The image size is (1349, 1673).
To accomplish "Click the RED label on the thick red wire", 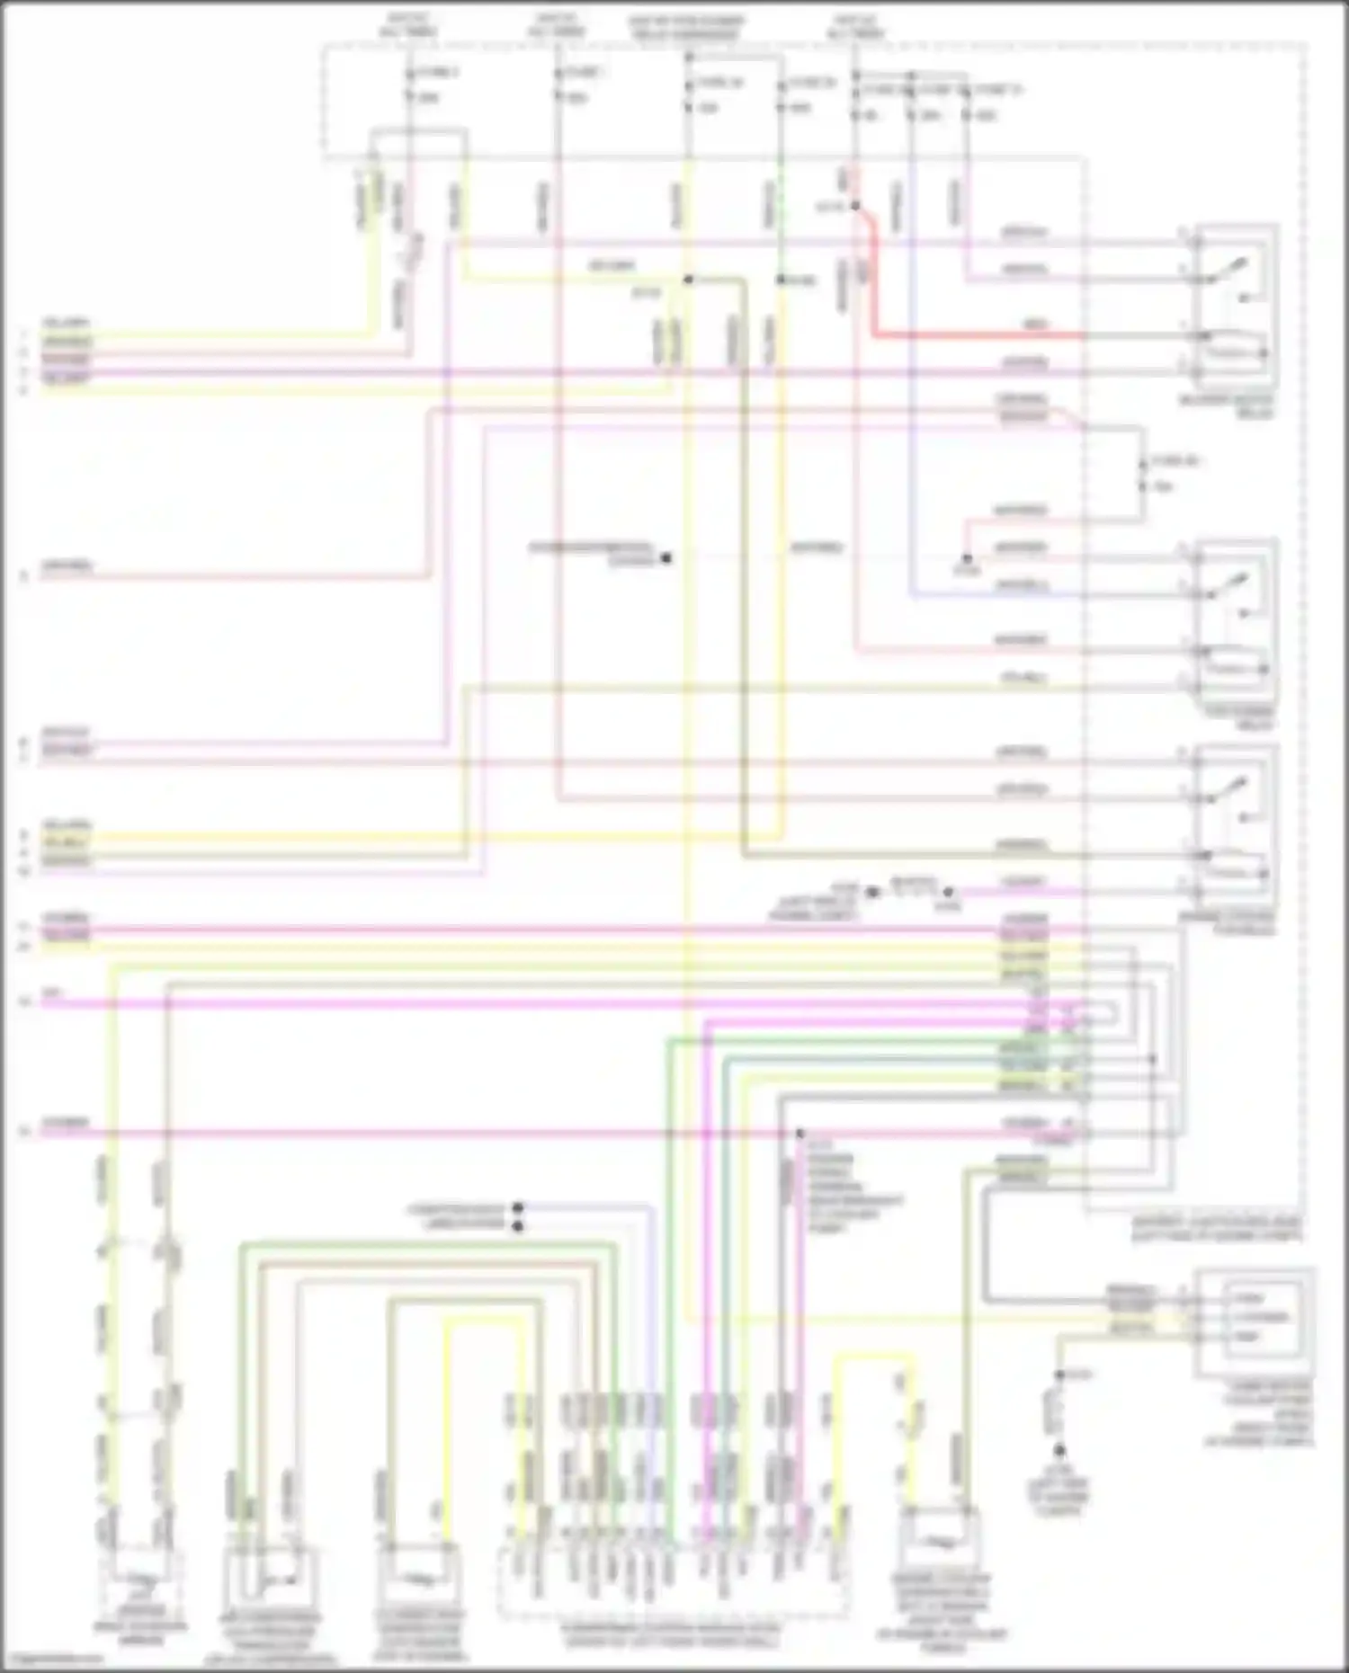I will point(1034,325).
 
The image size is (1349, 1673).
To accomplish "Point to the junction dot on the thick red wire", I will point(855,206).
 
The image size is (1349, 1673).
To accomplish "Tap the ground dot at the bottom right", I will point(1059,1451).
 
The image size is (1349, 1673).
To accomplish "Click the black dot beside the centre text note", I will point(666,558).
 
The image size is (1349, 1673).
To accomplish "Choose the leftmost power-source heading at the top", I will point(408,24).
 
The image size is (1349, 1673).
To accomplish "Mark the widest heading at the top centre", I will point(687,27).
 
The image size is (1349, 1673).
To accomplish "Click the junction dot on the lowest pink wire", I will point(800,1133).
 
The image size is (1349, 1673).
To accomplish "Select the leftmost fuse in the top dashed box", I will point(409,85).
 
